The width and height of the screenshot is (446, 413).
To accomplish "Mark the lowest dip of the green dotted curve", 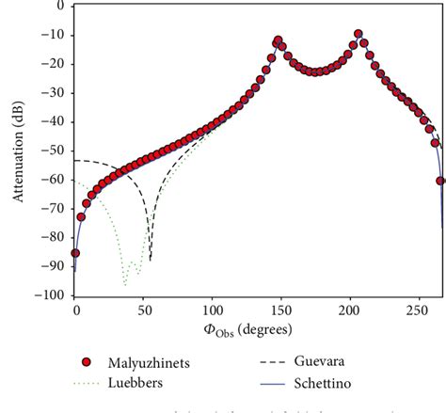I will click(124, 283).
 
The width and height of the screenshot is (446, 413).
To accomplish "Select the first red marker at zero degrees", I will click(75, 252).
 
